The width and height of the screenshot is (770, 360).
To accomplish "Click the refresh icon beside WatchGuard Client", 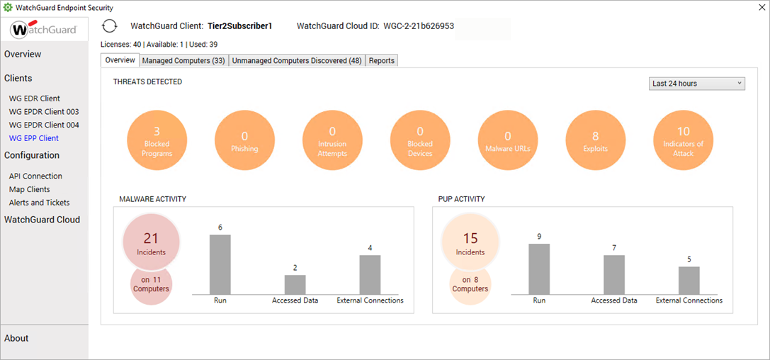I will tap(109, 26).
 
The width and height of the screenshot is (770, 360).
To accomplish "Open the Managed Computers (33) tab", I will tap(184, 61).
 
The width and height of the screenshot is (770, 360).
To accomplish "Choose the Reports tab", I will tap(381, 61).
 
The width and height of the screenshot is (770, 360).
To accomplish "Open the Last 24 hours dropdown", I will tap(696, 84).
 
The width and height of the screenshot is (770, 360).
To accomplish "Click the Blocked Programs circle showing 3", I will tap(157, 139).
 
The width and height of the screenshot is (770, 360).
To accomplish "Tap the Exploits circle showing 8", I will tap(595, 139).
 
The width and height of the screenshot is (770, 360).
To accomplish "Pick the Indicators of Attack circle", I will tap(683, 139).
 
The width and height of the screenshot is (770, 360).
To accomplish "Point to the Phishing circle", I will tap(244, 139).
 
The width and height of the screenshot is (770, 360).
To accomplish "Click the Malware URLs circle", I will tap(507, 139).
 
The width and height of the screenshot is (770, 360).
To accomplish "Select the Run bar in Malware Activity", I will tap(220, 264).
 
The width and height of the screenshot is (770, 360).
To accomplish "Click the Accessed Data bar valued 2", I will tap(295, 284).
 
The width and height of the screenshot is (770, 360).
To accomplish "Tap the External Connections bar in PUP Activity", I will tap(689, 280).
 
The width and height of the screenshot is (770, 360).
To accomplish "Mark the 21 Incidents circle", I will tap(151, 242).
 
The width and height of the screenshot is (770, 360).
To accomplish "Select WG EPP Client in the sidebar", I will tap(33, 138).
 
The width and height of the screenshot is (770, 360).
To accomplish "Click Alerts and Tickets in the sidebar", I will tap(39, 203).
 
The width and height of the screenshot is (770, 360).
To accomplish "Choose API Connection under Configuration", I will tap(35, 176).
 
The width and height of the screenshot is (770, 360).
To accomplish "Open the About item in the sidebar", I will tap(16, 338).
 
